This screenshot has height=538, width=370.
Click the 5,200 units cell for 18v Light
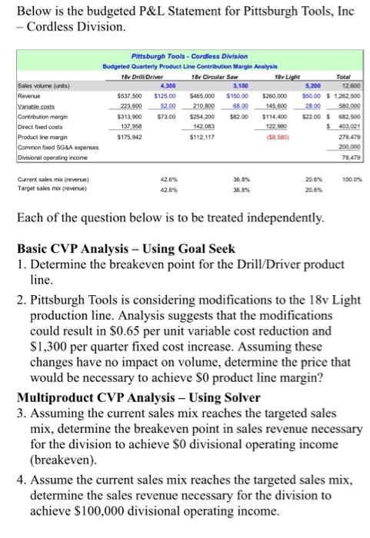click(x=312, y=87)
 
